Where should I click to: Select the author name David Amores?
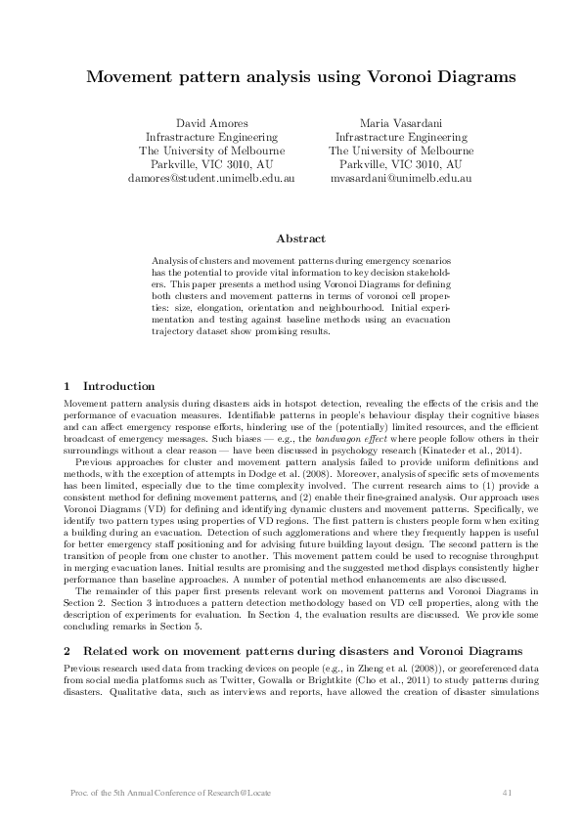tap(210, 123)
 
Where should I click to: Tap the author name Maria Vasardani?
tap(401, 123)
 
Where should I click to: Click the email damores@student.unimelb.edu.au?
tap(210, 179)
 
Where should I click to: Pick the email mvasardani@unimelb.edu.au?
tap(401, 179)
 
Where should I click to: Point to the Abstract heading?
tap(301, 238)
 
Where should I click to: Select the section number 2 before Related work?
tap(67, 649)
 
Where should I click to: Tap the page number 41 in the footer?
tap(507, 791)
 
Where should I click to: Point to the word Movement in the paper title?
tap(132, 74)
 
